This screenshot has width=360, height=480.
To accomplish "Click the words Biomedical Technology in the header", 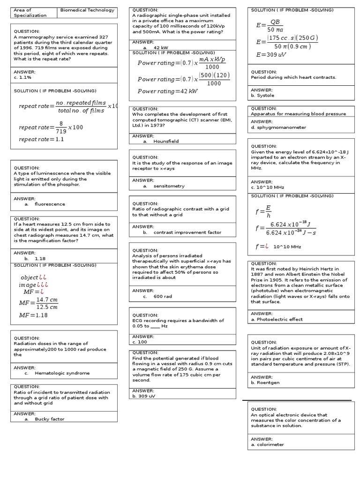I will tap(88, 10).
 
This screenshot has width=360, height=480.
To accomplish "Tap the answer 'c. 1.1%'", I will tap(22, 77).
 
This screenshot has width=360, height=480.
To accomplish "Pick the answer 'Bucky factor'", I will tap(50, 419).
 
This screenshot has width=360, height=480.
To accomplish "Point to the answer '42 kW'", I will tap(161, 48).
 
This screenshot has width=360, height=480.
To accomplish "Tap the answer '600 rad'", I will tap(163, 296).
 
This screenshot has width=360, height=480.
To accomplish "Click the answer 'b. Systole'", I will tap(262, 95).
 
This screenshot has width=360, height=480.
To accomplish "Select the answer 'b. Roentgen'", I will tap(265, 382).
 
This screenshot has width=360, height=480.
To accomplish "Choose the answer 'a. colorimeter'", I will tap(267, 444).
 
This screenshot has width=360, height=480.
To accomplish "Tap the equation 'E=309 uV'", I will tap(271, 55).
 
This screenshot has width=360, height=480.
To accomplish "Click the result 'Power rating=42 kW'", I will tap(167, 91).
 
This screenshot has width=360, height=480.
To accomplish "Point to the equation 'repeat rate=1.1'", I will tap(41, 139).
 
